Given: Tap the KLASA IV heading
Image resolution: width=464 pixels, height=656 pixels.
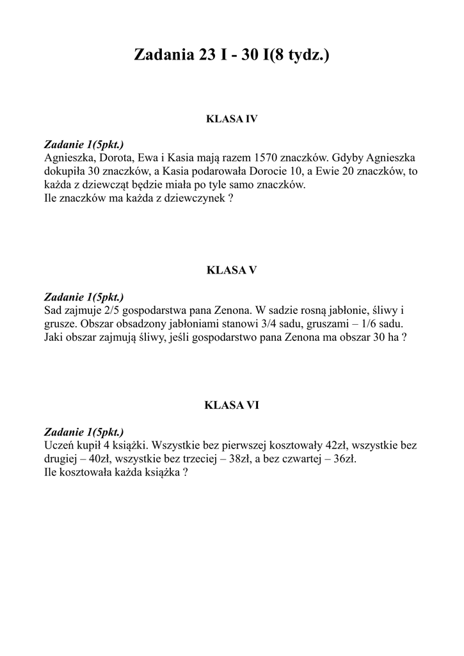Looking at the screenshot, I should pos(231,119).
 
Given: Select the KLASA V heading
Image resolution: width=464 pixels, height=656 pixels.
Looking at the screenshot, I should pos(231,270).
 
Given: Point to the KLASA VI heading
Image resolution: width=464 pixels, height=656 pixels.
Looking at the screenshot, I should pos(231,405).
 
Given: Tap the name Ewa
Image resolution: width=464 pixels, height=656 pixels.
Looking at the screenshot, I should pos(148,158).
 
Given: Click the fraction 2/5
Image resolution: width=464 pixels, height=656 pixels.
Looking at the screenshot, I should pos(113,309).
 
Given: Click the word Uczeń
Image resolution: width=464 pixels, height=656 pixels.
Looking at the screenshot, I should pos(60,445).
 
